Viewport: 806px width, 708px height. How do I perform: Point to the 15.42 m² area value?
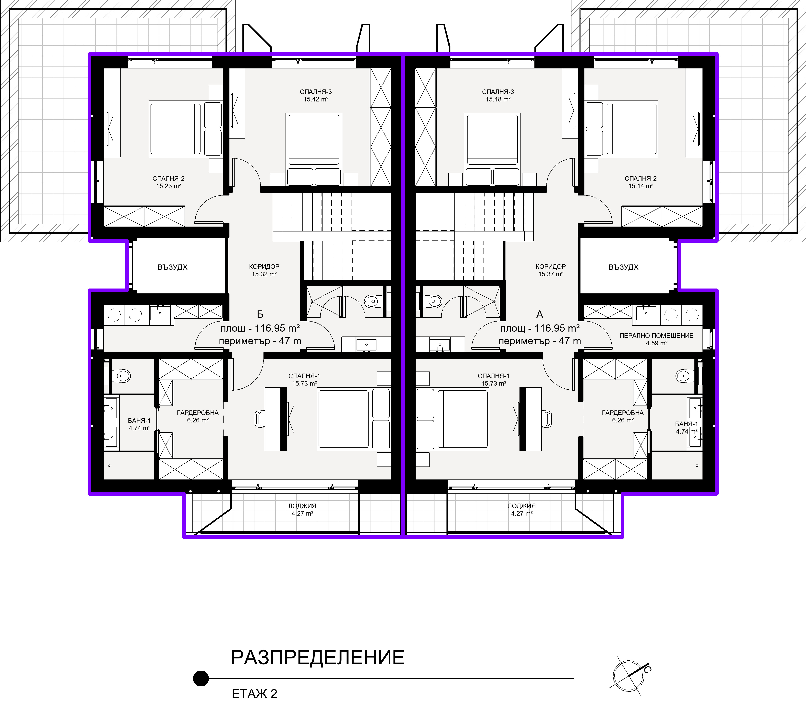tap(316, 99)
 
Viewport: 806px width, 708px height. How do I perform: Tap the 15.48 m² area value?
tap(498, 99)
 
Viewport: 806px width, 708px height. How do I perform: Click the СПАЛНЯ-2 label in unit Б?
tap(168, 179)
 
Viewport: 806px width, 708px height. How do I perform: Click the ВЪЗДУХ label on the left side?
tap(172, 267)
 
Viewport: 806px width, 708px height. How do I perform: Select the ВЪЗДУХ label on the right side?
tap(623, 267)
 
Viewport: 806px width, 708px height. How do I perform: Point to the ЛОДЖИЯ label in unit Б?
tap(302, 506)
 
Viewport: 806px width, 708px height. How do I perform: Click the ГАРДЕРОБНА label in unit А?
tap(623, 413)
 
